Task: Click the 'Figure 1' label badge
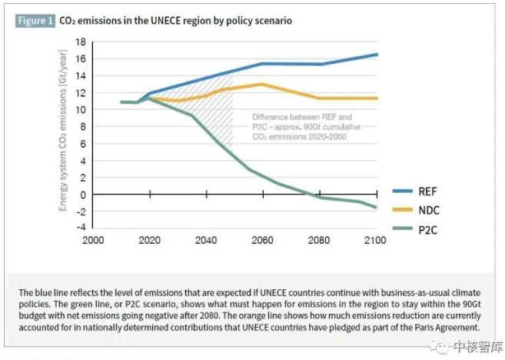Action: (35, 21)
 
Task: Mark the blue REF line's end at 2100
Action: (377, 55)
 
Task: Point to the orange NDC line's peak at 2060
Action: (262, 84)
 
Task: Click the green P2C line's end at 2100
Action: (377, 208)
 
